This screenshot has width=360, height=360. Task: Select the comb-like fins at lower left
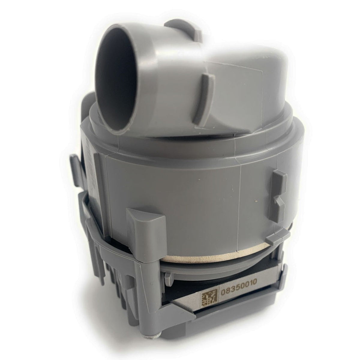102,297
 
